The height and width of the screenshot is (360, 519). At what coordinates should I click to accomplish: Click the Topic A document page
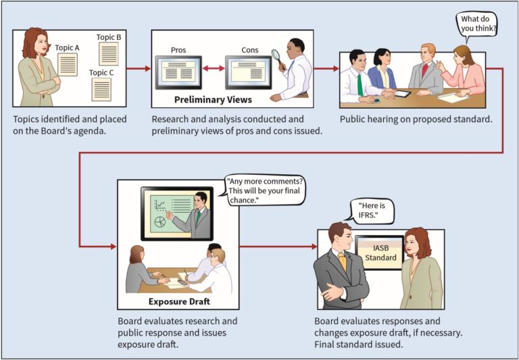click(x=68, y=65)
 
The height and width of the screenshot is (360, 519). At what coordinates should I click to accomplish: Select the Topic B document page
click(x=109, y=53)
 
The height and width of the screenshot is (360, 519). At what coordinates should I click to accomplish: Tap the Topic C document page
click(x=101, y=89)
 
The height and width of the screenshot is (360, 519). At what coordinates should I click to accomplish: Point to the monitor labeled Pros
click(x=178, y=72)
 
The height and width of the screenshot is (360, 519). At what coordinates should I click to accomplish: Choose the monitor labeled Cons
click(x=248, y=72)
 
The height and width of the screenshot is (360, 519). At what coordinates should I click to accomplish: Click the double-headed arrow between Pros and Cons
click(x=214, y=68)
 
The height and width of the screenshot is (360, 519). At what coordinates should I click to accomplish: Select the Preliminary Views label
click(x=213, y=99)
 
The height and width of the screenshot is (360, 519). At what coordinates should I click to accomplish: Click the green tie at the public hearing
click(x=360, y=84)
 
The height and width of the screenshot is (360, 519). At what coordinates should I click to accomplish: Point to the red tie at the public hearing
click(x=424, y=70)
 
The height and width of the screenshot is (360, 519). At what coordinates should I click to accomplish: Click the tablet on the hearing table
click(x=402, y=94)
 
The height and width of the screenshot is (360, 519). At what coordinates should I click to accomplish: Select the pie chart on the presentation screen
click(x=160, y=222)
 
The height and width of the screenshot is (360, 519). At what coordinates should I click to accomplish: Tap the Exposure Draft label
click(x=179, y=301)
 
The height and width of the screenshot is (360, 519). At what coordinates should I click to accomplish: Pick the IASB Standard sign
click(x=380, y=253)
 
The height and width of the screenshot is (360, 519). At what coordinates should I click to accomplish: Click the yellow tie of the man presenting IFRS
click(x=342, y=261)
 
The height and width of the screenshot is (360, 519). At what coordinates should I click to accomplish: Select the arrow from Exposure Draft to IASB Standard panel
click(x=278, y=247)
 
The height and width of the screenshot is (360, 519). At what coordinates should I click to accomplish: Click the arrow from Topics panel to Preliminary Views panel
click(x=139, y=68)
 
